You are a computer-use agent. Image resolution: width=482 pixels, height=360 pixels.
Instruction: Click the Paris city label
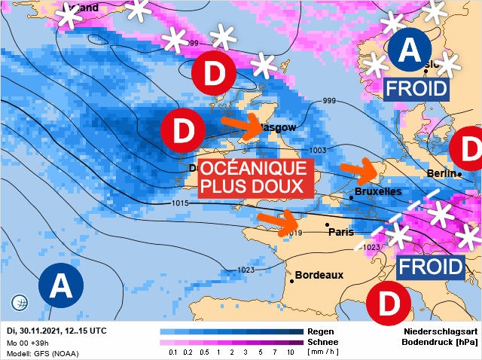(x=341, y=232)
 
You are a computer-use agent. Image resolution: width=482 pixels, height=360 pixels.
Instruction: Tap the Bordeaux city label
(x=319, y=275)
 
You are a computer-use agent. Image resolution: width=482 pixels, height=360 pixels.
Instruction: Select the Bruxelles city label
(x=377, y=192)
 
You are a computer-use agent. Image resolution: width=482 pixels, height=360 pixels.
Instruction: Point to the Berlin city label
(x=442, y=174)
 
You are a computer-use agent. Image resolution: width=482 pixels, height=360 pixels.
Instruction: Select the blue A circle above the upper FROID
(x=409, y=50)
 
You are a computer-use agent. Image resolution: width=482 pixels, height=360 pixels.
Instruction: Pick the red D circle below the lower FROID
(x=389, y=304)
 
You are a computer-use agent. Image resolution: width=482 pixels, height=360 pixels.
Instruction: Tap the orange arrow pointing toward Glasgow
(x=244, y=124)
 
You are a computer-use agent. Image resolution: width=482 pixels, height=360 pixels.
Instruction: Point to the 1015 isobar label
(x=179, y=204)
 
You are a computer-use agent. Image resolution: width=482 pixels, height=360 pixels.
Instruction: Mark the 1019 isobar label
(x=294, y=233)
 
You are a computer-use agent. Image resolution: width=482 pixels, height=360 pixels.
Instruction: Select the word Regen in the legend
(x=322, y=331)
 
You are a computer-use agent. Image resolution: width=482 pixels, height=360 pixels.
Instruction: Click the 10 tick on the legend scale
(x=290, y=352)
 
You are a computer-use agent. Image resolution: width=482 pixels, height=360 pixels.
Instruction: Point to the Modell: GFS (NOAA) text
(x=42, y=353)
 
